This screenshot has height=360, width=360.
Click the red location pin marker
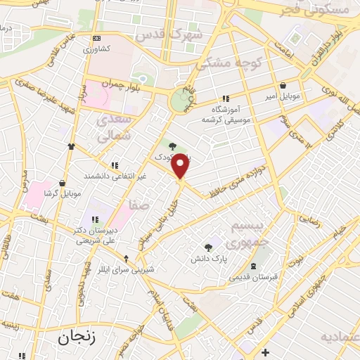coord(181,165)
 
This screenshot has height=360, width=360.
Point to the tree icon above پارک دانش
coord(209,247)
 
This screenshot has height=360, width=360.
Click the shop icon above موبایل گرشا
coord(63,182)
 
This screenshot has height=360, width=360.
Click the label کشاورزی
coord(98,49)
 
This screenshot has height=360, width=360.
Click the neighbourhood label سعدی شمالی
coord(112,128)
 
